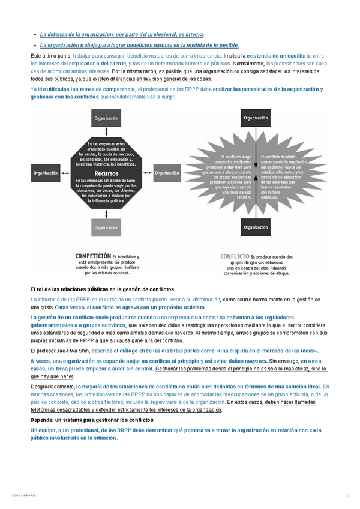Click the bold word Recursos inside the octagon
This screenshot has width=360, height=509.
(x=106, y=173)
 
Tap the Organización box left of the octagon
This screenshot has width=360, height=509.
(x=46, y=173)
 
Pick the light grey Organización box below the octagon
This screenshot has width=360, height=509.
(x=106, y=227)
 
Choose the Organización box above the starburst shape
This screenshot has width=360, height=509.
(x=256, y=118)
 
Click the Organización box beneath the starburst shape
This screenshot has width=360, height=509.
(x=256, y=227)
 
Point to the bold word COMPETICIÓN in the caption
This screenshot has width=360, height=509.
(x=93, y=256)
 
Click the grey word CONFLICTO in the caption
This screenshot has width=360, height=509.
(x=235, y=256)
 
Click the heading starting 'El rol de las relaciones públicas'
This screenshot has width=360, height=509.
(x=101, y=289)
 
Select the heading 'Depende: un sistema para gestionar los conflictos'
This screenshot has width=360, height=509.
(x=92, y=420)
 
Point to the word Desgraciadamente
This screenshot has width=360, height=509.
(x=52, y=387)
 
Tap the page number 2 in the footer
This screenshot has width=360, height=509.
(x=347, y=495)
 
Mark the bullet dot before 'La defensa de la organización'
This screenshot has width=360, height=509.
(x=35, y=35)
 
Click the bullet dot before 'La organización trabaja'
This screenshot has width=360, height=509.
(x=35, y=45)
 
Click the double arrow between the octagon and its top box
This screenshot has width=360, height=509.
(x=106, y=131)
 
